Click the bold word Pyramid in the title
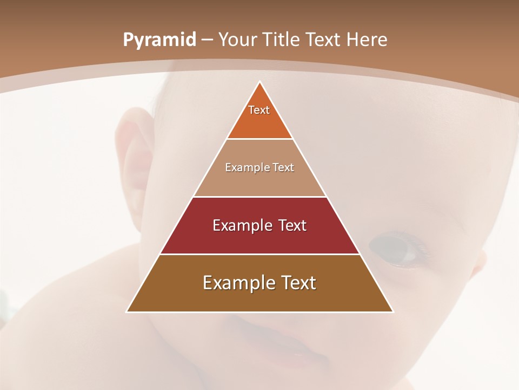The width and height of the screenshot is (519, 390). tap(159, 40)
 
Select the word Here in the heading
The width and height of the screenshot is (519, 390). tap(367, 40)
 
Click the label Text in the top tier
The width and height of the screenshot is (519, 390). tap(259, 110)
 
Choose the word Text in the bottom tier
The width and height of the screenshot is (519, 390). tap(295, 283)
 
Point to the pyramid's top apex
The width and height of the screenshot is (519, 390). tap(260, 82)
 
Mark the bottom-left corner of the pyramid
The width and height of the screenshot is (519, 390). tap(128, 311)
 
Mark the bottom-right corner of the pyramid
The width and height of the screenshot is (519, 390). tap(392, 311)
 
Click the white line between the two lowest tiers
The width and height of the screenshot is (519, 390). tap(260, 254)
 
